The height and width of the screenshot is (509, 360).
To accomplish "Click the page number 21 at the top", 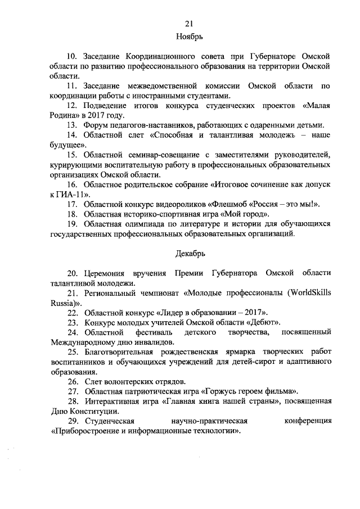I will coord(189,23).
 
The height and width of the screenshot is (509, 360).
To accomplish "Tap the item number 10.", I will coord(71,57).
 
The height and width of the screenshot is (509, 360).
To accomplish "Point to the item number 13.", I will coord(71,125).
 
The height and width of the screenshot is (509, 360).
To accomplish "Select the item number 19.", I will coord(71,224).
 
